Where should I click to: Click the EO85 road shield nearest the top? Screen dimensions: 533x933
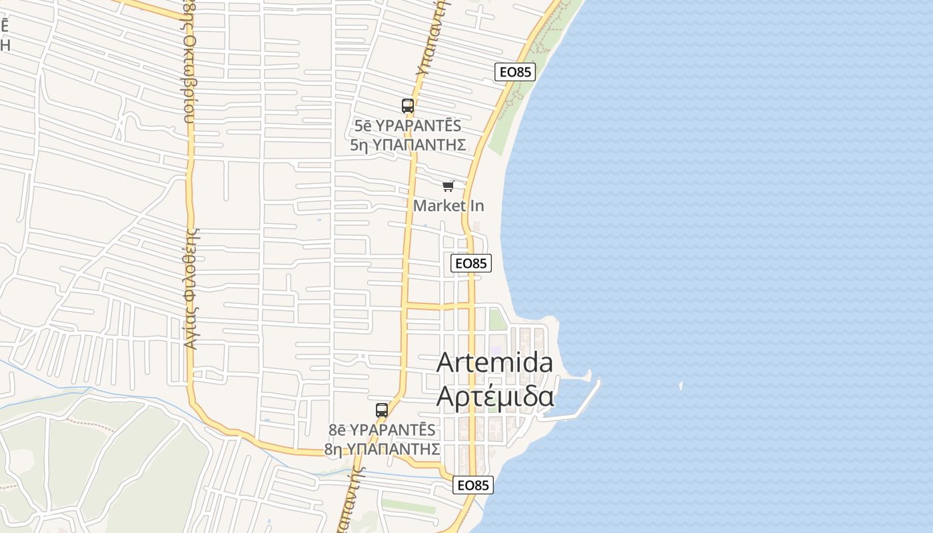[x=515, y=72]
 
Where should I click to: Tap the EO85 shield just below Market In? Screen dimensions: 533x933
[x=471, y=263]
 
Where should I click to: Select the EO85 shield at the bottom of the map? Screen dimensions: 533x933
[x=473, y=485]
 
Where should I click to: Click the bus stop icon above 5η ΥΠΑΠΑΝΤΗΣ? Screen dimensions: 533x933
[x=408, y=105]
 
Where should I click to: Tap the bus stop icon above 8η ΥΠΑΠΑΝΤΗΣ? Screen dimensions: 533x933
[x=382, y=410]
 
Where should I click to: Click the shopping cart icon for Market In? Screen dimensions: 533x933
[x=449, y=186]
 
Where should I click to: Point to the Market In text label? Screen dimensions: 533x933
[x=449, y=206]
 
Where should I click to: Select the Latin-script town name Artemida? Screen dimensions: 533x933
[x=494, y=363]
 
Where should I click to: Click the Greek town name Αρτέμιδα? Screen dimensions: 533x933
[x=494, y=396]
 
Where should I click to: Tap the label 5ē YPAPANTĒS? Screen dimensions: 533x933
[x=408, y=126]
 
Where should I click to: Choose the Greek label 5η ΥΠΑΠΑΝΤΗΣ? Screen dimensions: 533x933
[x=408, y=145]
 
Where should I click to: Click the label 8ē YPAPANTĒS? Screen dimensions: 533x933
[x=382, y=430]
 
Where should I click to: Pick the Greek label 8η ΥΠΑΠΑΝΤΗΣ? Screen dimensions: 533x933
[x=382, y=448]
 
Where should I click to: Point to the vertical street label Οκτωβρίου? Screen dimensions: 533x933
[x=189, y=67]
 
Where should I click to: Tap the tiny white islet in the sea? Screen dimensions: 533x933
[x=680, y=385]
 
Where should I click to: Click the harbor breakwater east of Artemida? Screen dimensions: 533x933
[x=586, y=400]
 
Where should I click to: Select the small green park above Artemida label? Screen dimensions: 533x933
[x=497, y=319]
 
